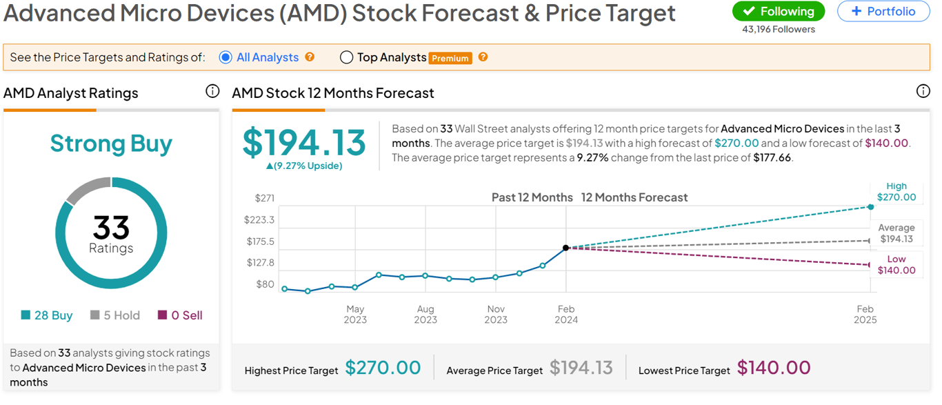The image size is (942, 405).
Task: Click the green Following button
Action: pyautogui.click(x=778, y=12)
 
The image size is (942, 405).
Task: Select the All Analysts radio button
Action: pyautogui.click(x=226, y=57)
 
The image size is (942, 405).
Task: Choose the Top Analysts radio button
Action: pyautogui.click(x=347, y=57)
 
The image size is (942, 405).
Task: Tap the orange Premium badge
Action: pyautogui.click(x=450, y=59)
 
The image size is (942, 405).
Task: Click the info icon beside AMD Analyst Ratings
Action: pyautogui.click(x=212, y=91)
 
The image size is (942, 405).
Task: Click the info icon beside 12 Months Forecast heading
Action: pyautogui.click(x=923, y=91)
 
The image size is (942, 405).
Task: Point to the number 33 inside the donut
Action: pyautogui.click(x=111, y=227)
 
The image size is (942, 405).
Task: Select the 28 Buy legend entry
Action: pyautogui.click(x=47, y=315)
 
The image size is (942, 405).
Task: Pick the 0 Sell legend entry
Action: pyautogui.click(x=180, y=315)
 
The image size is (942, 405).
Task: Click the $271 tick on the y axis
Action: pyautogui.click(x=264, y=198)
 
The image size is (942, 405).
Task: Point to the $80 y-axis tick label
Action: pyautogui.click(x=265, y=284)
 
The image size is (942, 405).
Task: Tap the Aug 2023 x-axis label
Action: pyautogui.click(x=425, y=315)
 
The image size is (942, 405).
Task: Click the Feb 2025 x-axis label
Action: pyautogui.click(x=865, y=315)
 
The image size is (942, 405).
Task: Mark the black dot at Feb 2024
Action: pyautogui.click(x=565, y=248)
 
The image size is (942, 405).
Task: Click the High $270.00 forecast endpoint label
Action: pyautogui.click(x=896, y=192)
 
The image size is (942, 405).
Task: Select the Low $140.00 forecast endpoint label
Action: pyautogui.click(x=896, y=265)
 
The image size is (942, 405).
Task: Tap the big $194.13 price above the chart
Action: pyautogui.click(x=304, y=143)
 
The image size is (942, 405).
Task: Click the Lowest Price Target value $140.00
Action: pyautogui.click(x=773, y=368)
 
